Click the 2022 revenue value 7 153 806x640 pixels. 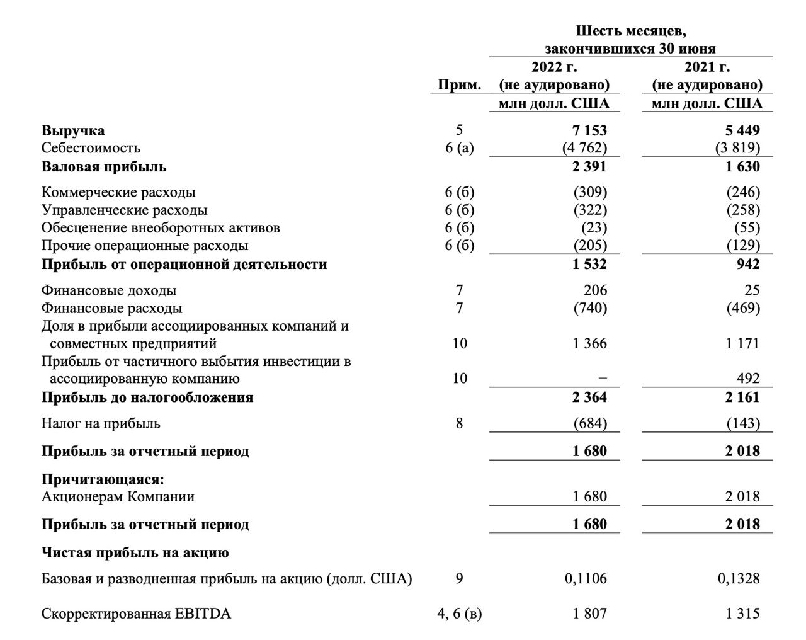tap(590, 130)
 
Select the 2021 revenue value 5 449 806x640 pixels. tap(742, 130)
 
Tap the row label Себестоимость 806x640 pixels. tap(91, 148)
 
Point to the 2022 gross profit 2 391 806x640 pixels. tap(590, 166)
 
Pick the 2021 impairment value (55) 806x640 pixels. tap(747, 227)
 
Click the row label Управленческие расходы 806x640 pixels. tap(124, 210)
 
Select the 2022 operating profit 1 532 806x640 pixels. tap(590, 264)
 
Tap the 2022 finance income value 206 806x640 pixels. tap(596, 290)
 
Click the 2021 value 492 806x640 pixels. tap(748, 379)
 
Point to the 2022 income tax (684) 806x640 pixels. tap(590, 423)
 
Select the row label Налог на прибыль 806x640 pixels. tap(101, 423)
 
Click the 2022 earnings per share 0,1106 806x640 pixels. tap(586, 578)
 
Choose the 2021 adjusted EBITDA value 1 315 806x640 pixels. tap(742, 614)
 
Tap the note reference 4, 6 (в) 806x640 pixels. tap(460, 614)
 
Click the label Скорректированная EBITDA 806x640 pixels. tap(136, 614)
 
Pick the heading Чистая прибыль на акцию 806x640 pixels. tap(135, 553)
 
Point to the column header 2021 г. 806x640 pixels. tap(707, 67)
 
